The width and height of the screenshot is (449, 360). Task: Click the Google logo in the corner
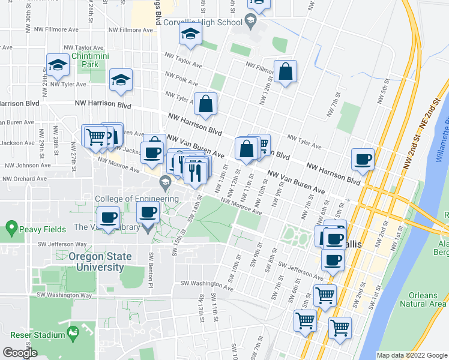click(x=20, y=353)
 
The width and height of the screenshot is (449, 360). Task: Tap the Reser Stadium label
click(x=37, y=334)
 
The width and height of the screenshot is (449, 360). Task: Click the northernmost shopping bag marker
click(x=286, y=72)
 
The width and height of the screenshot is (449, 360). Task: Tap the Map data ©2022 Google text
click(x=412, y=355)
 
